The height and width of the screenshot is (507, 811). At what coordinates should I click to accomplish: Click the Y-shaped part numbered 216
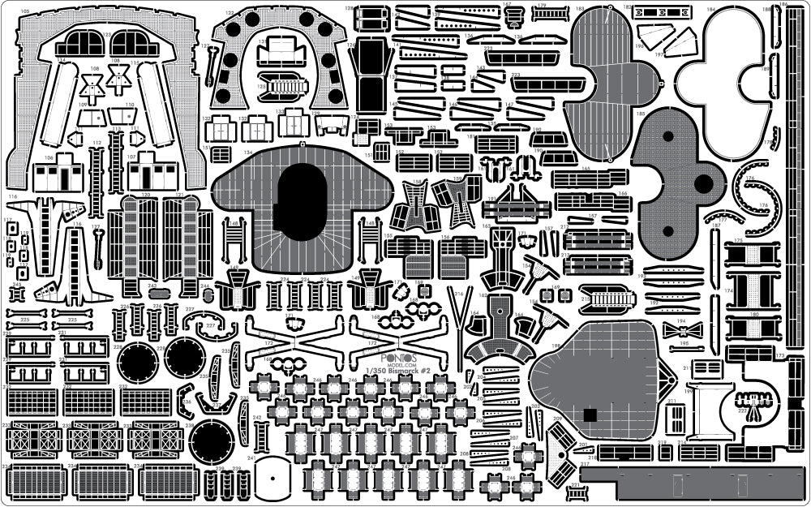pos(463,312)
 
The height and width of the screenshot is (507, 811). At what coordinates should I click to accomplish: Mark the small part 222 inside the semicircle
pos(753,403)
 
